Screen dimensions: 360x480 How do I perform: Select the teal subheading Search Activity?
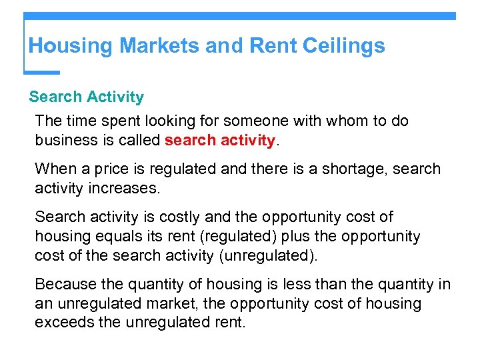pos(87,97)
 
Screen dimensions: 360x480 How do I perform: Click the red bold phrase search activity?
pos(220,141)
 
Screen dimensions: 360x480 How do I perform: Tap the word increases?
pos(125,188)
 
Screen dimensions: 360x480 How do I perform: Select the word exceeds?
pos(62,323)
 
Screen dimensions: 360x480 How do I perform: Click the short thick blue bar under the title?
pos(41,72)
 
